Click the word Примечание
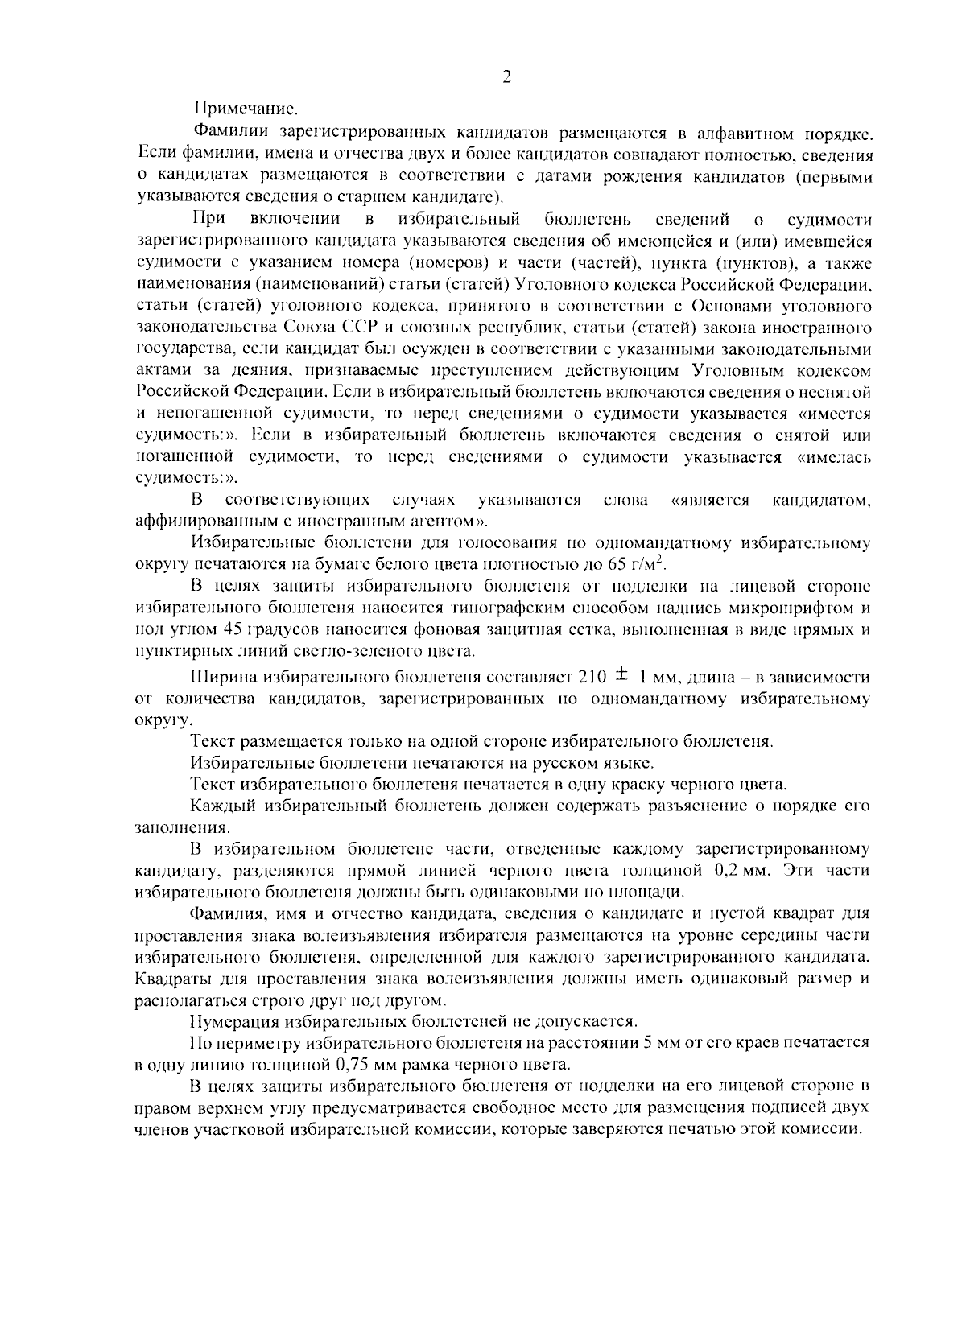pyautogui.click(x=246, y=107)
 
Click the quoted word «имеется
pyautogui.click(x=834, y=414)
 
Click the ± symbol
pyautogui.click(x=623, y=676)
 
